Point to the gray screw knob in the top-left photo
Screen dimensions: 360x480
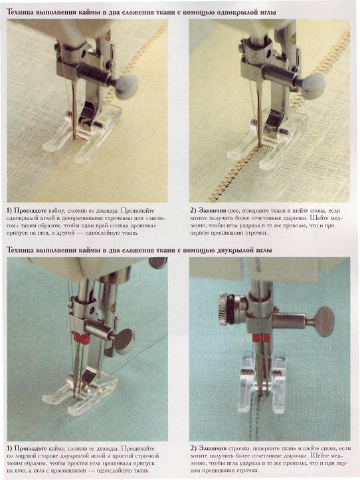pyautogui.click(x=126, y=86)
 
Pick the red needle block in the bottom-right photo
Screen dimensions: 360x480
pyautogui.click(x=261, y=338)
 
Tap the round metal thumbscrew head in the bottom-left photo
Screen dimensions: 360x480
pyautogui.click(x=124, y=340)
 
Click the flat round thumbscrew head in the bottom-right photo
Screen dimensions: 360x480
pyautogui.click(x=325, y=322)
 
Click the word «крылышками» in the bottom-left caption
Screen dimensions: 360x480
pyautogui.click(x=68, y=471)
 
